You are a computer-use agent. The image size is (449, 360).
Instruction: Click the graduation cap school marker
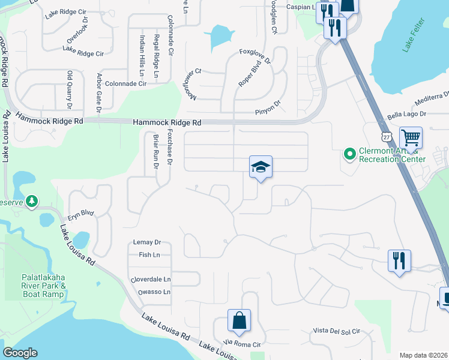pos(261,167)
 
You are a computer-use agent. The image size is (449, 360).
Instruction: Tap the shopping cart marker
pos(411,138)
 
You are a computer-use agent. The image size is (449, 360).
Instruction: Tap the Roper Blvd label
pos(247,76)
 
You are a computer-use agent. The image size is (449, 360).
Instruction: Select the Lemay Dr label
pos(149,242)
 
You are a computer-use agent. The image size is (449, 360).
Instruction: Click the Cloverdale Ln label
pos(151,280)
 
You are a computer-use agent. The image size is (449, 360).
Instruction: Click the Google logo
pos(20,353)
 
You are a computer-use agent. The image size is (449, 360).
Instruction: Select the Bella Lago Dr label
pos(407,113)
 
